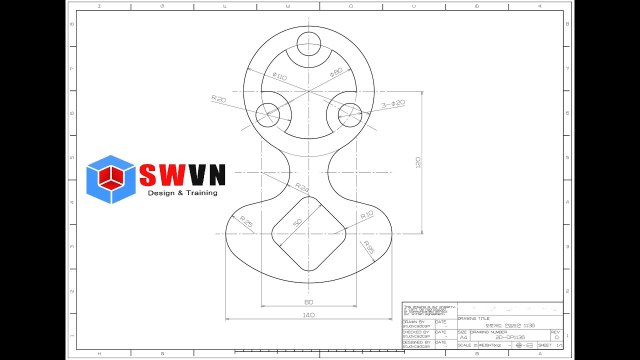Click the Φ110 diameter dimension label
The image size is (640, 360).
pyautogui.click(x=279, y=76)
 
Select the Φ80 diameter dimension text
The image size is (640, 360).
pyautogui.click(x=336, y=72)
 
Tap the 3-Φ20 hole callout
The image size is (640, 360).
pyautogui.click(x=393, y=104)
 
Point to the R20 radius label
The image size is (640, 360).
pyautogui.click(x=218, y=99)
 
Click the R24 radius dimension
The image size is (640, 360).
pyautogui.click(x=302, y=188)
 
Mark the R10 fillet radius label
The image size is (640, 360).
pyautogui.click(x=367, y=215)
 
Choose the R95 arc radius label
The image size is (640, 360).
pyautogui.click(x=369, y=247)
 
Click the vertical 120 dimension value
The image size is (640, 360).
pyautogui.click(x=418, y=162)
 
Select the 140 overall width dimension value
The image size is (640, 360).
pyautogui.click(x=308, y=315)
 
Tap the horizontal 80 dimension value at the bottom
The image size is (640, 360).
pyautogui.click(x=308, y=302)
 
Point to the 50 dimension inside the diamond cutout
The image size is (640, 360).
pyautogui.click(x=298, y=223)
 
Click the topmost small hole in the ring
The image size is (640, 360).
pyautogui.click(x=308, y=43)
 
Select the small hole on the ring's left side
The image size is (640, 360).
pyautogui.click(x=267, y=114)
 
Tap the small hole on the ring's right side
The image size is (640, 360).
pyautogui.click(x=349, y=114)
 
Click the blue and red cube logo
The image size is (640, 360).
pyautogui.click(x=110, y=179)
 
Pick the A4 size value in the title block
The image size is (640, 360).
pyautogui.click(x=463, y=337)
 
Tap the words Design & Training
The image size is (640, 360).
pyautogui.click(x=182, y=193)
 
